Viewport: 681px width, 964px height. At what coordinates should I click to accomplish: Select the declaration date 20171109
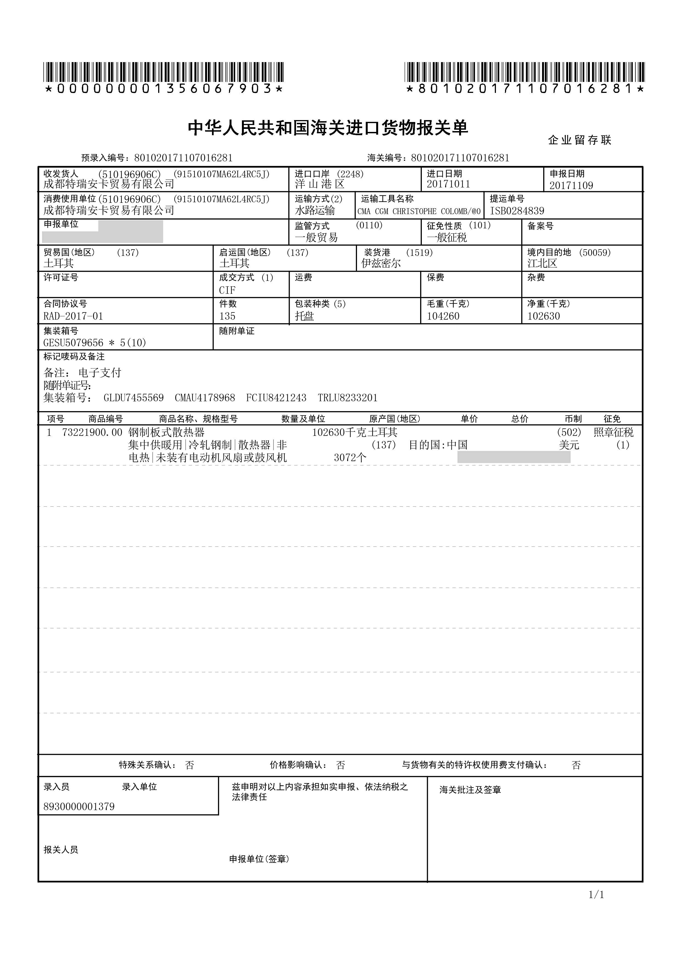(x=571, y=185)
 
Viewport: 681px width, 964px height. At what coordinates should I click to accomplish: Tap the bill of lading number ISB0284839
(x=517, y=211)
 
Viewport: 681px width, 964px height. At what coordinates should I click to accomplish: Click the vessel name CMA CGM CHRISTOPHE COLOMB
(x=419, y=211)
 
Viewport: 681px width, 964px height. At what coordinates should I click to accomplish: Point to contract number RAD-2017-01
(x=73, y=316)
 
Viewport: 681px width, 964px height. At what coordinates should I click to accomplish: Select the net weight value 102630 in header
(x=543, y=316)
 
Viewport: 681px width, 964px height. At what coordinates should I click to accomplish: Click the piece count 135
(x=227, y=316)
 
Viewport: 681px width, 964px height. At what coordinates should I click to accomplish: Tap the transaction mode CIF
(x=227, y=290)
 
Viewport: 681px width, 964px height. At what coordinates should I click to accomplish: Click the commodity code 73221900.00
(x=92, y=433)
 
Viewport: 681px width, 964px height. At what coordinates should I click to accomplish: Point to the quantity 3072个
(x=350, y=458)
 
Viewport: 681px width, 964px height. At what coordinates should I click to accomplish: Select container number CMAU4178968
(x=205, y=398)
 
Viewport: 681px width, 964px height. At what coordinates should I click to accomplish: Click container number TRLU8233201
(x=347, y=398)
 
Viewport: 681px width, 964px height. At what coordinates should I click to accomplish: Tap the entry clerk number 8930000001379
(x=79, y=807)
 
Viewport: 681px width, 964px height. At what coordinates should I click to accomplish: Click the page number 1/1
(x=596, y=895)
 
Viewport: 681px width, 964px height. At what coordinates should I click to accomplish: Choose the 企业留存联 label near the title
(x=579, y=140)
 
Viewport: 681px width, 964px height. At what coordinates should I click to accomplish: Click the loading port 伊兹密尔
(x=381, y=263)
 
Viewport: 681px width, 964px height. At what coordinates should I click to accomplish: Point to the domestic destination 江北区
(x=542, y=263)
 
